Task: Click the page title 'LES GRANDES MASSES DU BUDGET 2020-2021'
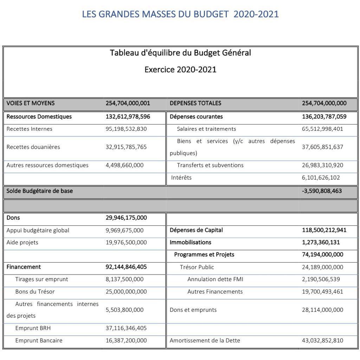pos(180,14)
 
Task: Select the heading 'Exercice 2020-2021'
pos(180,69)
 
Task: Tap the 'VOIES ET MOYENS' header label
pos(31,103)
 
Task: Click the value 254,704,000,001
pos(128,103)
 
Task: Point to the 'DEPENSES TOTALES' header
pos(195,103)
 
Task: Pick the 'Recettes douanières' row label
pos(33,147)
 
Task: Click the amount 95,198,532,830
pos(126,129)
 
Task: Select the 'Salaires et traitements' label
pos(206,129)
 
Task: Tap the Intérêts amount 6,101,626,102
pos(321,178)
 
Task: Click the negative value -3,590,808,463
pos(322,191)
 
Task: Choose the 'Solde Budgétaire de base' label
pos(40,191)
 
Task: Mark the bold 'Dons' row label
pos(13,218)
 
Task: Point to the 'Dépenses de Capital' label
pos(196,230)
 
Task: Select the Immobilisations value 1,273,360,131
pos(321,243)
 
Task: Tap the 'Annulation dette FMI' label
pos(215,279)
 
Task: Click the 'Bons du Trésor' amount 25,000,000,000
pos(126,292)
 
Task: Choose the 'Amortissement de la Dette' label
pos(205,341)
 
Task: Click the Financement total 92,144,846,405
pos(126,267)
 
